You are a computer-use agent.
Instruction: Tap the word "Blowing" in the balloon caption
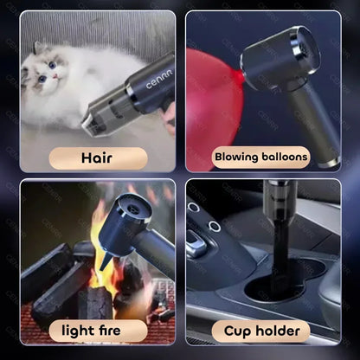tap(235, 157)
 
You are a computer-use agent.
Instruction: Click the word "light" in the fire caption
tap(76, 331)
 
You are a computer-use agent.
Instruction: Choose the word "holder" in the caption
tap(280, 331)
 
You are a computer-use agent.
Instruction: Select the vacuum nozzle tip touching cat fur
tap(89, 128)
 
